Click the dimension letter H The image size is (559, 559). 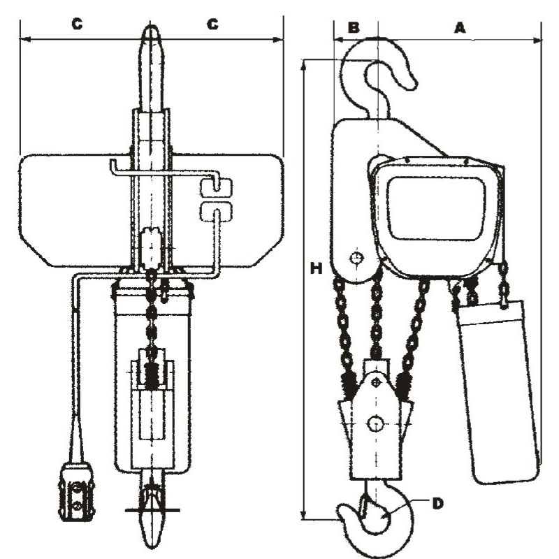pos(317,268)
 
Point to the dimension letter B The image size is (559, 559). pos(354,27)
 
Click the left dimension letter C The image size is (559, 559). pos(78,24)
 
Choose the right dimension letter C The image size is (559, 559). pos(212,24)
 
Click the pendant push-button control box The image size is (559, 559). pos(75,491)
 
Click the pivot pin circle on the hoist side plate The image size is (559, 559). pos(358,259)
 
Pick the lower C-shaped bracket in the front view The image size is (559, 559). pos(216,213)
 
